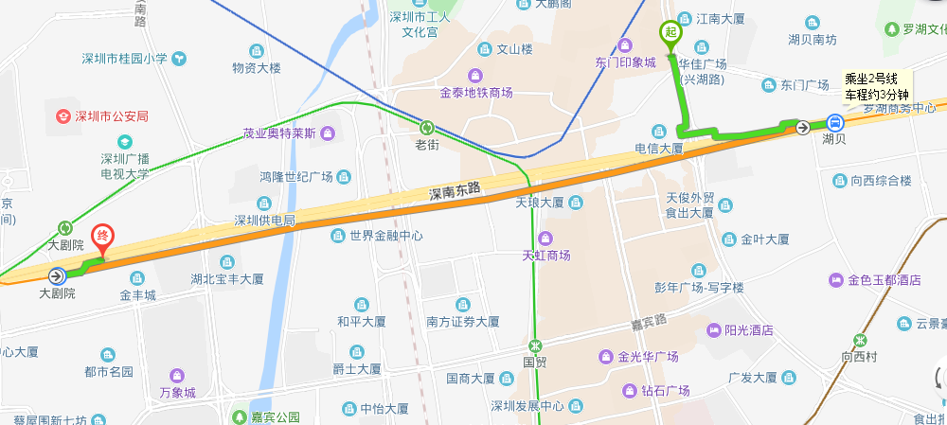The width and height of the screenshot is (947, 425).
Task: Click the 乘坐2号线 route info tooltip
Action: coord(876,86)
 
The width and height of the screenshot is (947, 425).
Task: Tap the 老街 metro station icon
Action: coord(427,127)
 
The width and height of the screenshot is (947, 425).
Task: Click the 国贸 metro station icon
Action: coord(536,345)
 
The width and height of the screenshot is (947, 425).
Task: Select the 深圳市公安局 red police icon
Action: coord(63,115)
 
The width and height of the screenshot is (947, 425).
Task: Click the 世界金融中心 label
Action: coord(385,235)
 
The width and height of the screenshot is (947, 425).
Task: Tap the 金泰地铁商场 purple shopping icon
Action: coord(474,76)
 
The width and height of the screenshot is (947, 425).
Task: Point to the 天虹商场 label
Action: coord(546,255)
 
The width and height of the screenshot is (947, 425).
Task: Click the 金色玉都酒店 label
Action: coord(884,280)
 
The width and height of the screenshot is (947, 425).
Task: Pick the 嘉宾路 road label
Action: coord(650,321)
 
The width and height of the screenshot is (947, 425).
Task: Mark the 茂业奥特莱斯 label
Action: coord(278,133)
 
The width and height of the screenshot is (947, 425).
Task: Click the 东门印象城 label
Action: coord(625,62)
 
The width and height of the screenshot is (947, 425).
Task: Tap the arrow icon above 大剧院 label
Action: coord(57,276)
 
